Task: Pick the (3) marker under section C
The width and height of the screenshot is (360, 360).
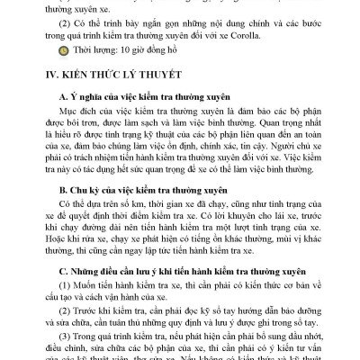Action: coord(60,338)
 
